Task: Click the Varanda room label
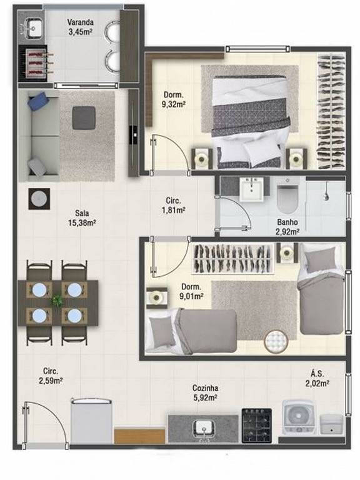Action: click(81, 22)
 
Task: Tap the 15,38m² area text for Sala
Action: click(82, 223)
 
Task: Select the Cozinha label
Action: click(205, 388)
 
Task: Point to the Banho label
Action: click(287, 222)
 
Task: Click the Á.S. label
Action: click(317, 373)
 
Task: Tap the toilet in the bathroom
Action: click(287, 197)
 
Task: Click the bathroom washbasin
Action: click(251, 189)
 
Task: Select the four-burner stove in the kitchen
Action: click(256, 425)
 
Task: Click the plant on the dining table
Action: click(57, 301)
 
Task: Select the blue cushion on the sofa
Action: click(38, 101)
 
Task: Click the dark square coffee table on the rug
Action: click(84, 117)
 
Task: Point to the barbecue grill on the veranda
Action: click(33, 63)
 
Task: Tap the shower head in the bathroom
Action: click(326, 192)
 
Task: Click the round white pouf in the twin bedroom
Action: click(276, 341)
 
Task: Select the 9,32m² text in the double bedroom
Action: click(174, 104)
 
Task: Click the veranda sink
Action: click(33, 27)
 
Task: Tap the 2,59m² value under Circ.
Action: click(51, 381)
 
